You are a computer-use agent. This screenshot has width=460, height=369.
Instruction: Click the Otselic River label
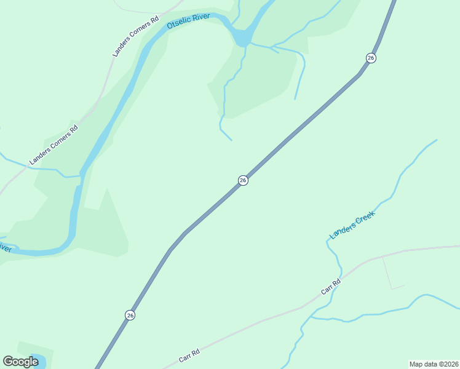click(188, 22)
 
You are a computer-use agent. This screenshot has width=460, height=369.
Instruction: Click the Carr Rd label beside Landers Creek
click(330, 287)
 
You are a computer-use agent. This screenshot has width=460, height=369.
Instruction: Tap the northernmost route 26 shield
click(370, 58)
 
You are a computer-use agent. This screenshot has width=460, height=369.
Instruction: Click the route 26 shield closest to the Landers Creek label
click(243, 180)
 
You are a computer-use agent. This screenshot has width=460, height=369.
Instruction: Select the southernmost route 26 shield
click(130, 315)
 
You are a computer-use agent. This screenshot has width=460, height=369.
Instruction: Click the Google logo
click(20, 362)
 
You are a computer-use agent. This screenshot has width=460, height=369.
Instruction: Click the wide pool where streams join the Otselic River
click(242, 38)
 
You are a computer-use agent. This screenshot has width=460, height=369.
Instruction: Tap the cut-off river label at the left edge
click(5, 248)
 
